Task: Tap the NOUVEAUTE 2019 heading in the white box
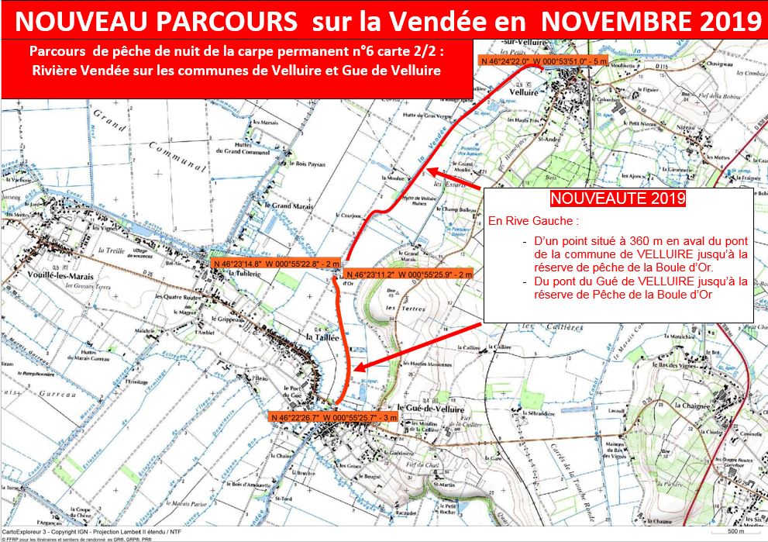click(x=618, y=199)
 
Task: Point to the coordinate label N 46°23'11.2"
click(x=408, y=274)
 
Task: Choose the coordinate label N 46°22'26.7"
click(x=335, y=417)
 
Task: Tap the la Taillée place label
click(x=320, y=337)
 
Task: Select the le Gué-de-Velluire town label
click(x=430, y=409)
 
